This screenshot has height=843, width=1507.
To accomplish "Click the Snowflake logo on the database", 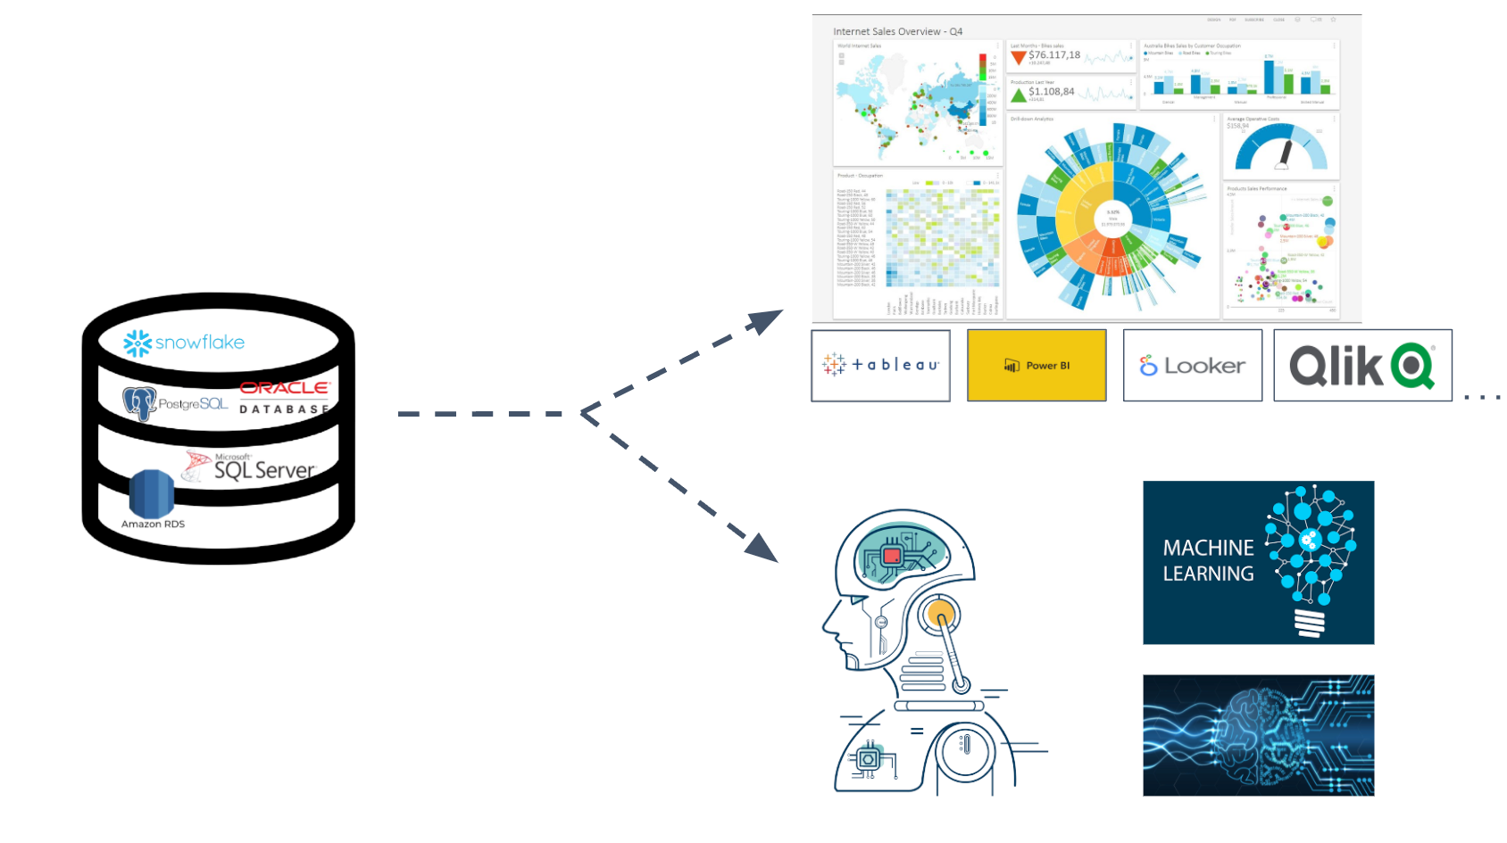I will [x=184, y=343].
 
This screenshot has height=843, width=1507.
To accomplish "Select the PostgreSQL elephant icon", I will [x=139, y=403].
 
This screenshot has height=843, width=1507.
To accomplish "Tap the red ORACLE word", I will [x=285, y=388].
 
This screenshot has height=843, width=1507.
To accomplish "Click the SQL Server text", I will [x=264, y=470].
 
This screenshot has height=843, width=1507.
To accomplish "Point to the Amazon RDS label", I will [x=153, y=524].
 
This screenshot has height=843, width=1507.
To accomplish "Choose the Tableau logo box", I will [x=880, y=365].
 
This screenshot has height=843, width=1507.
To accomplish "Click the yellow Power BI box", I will [x=1037, y=365].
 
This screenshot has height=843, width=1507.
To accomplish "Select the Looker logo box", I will [x=1192, y=365].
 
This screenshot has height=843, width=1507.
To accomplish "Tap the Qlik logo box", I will [x=1362, y=365].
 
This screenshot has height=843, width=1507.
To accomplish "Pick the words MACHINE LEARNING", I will [x=1208, y=560].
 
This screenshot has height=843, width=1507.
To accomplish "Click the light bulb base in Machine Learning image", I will [x=1310, y=622].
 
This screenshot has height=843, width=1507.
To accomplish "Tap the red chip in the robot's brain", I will [x=891, y=556].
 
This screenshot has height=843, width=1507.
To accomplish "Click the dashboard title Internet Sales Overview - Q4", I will [x=897, y=31].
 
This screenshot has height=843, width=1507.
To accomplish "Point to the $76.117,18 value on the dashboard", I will [x=1054, y=55].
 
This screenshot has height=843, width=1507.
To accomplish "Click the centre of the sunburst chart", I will [x=1112, y=218].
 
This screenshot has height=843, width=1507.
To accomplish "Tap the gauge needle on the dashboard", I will [x=1285, y=153].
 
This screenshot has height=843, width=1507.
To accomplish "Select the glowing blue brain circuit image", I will [x=1258, y=735].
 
